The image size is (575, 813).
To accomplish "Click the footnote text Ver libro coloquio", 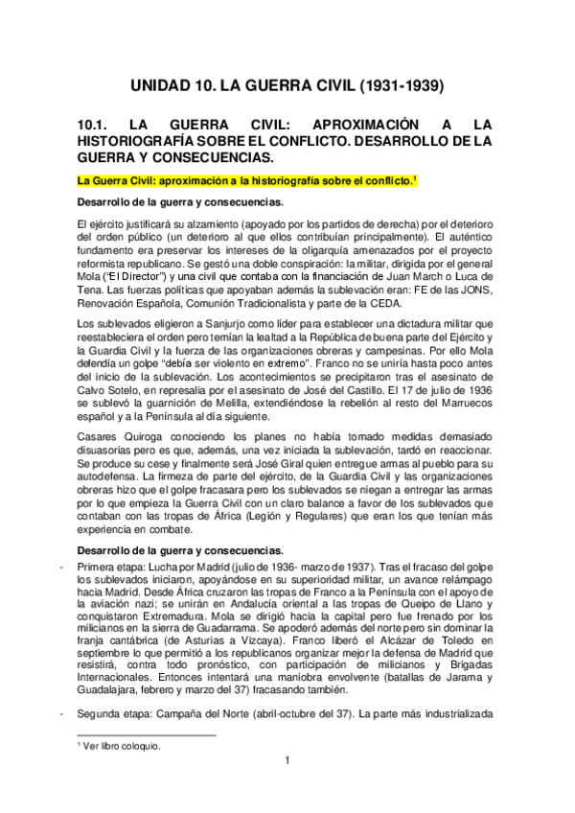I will (x=122, y=745).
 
